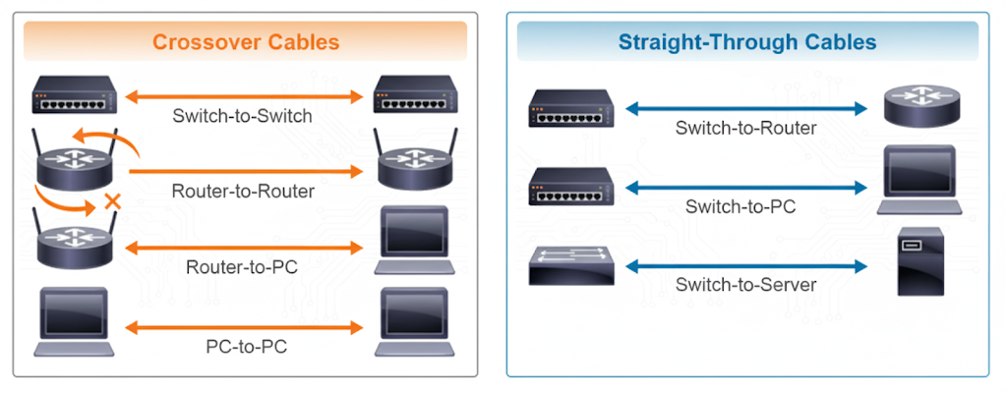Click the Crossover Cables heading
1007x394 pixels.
tap(246, 42)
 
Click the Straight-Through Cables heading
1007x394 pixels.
tap(747, 42)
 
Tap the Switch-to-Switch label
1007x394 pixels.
tap(242, 116)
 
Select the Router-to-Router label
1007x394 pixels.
tap(243, 191)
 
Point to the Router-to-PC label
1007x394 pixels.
tap(242, 265)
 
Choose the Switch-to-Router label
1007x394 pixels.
tap(745, 128)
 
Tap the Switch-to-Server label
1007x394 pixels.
tap(745, 286)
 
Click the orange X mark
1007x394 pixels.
tap(113, 204)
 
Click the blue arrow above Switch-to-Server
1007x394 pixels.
tap(747, 265)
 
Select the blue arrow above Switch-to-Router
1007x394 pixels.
tap(747, 107)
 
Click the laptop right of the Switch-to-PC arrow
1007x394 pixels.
tap(918, 179)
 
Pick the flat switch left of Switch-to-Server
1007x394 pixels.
tap(570, 266)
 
